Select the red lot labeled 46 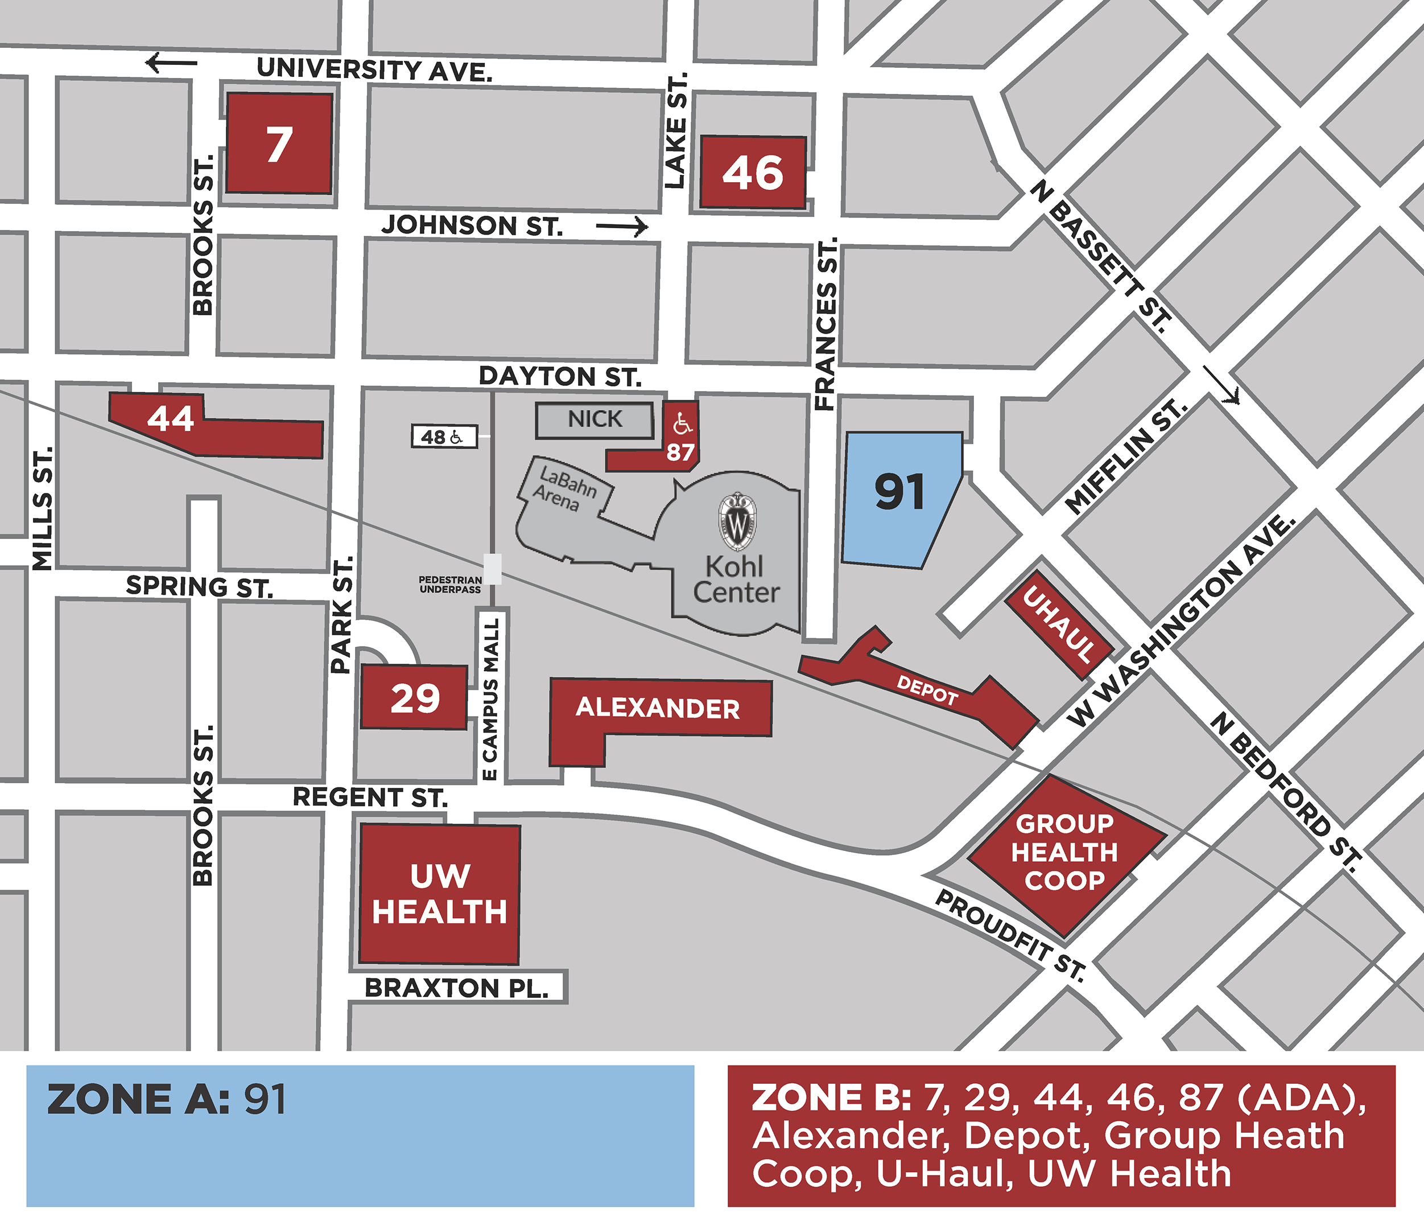pyautogui.click(x=753, y=172)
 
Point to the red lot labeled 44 pyautogui.click(x=171, y=419)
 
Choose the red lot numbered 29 pyautogui.click(x=414, y=698)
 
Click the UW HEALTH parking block pyautogui.click(x=440, y=894)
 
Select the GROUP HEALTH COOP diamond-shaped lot pyautogui.click(x=1064, y=853)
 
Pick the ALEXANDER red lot pyautogui.click(x=658, y=708)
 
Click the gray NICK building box pyautogui.click(x=595, y=420)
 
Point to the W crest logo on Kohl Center pyautogui.click(x=737, y=523)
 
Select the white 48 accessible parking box pyautogui.click(x=444, y=437)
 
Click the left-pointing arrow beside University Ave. pyautogui.click(x=171, y=63)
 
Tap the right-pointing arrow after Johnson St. pyautogui.click(x=622, y=226)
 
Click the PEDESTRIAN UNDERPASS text pyautogui.click(x=450, y=585)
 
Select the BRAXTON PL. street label pyautogui.click(x=456, y=988)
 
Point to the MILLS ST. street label pyautogui.click(x=43, y=508)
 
